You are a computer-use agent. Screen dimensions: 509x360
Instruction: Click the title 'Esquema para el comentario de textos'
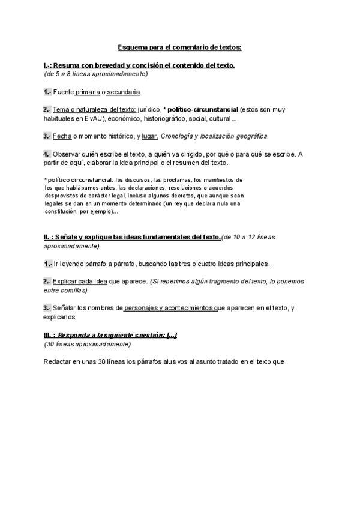179,47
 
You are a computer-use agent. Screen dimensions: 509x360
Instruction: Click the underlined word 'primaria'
88,92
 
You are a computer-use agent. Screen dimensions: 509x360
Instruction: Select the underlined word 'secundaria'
124,92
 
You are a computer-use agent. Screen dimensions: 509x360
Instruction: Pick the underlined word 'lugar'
149,136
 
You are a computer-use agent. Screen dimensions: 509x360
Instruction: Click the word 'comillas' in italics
74,290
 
